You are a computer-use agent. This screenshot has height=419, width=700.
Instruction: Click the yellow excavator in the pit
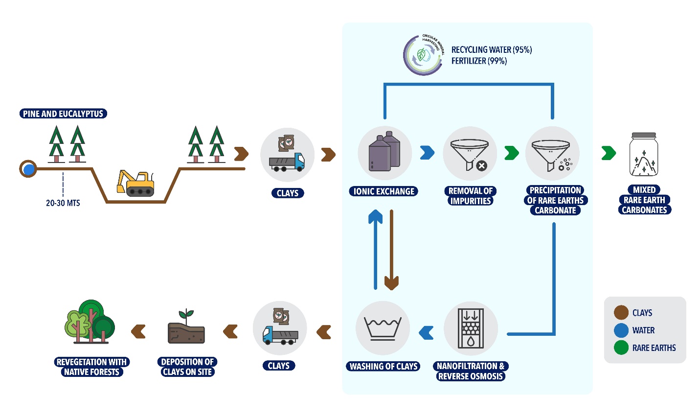click(136, 183)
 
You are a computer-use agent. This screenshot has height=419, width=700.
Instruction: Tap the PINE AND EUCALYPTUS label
click(63, 114)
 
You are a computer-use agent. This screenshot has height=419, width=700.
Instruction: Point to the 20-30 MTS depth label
click(63, 203)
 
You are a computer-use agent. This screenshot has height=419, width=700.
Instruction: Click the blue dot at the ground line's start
click(29, 169)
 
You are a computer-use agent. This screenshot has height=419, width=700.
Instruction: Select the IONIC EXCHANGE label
click(384, 191)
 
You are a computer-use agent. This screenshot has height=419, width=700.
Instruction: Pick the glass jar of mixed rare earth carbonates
click(644, 155)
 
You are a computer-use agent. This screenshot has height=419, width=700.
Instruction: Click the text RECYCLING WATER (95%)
click(491, 49)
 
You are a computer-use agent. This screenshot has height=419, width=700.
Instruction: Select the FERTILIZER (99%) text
click(479, 61)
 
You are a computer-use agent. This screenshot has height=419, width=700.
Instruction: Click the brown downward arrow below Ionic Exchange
click(391, 250)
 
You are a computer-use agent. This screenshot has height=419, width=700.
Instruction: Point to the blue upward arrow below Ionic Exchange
click(375, 250)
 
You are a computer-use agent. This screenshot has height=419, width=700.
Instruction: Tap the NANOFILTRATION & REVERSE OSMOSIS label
click(471, 371)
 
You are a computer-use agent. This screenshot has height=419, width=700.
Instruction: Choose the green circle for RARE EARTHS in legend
click(621, 348)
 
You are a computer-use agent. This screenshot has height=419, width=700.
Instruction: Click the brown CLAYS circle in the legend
click(621, 312)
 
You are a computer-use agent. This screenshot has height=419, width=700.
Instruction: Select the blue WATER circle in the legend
click(621, 330)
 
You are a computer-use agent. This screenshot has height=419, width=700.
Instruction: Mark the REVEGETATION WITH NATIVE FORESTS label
click(91, 367)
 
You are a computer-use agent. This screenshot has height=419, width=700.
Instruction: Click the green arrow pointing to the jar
click(609, 153)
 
